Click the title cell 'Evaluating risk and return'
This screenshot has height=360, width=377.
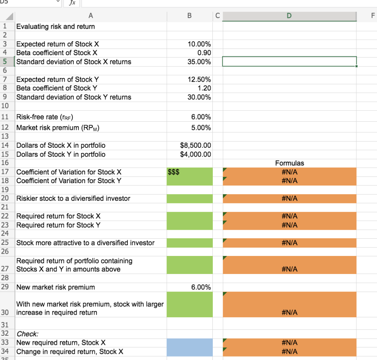56,26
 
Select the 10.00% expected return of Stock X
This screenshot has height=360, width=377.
199,44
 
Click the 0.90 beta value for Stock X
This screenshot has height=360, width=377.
204,53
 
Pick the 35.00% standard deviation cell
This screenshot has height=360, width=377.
199,62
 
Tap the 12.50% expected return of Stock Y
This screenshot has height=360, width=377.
199,79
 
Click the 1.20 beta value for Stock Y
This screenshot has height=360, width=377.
204,88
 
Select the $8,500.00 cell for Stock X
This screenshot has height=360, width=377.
195,146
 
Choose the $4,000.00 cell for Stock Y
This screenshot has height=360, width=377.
195,154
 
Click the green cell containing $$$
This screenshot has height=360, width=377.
189,172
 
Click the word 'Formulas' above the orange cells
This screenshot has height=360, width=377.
289,163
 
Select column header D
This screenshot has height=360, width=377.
289,16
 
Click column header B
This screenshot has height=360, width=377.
189,16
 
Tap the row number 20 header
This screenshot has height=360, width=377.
5,199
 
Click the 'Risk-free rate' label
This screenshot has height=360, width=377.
45,117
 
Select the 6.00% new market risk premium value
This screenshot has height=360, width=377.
201,287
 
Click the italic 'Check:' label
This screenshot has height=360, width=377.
27,334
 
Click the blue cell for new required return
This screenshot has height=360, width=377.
189,343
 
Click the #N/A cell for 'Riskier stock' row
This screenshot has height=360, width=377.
289,199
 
